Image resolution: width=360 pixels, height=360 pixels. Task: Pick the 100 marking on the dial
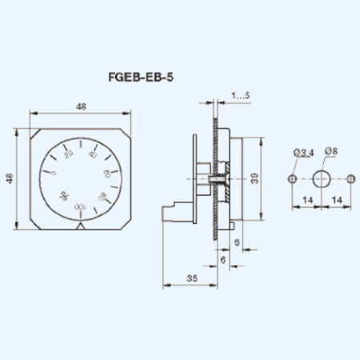pyautogui.click(x=81, y=207)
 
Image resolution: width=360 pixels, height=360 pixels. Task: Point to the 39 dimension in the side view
pyautogui.click(x=254, y=180)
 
